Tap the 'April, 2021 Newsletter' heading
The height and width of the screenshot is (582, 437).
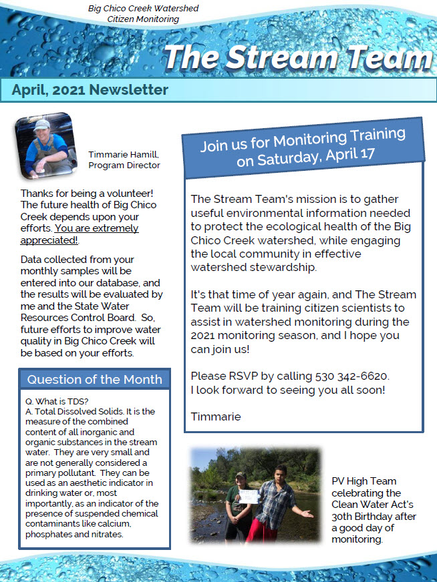(x=90, y=90)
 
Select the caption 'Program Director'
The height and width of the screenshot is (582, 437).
(x=124, y=165)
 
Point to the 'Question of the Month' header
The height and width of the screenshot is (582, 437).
(x=94, y=380)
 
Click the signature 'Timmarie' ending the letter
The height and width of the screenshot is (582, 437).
(x=215, y=416)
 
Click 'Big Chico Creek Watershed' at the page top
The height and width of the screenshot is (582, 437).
(x=143, y=9)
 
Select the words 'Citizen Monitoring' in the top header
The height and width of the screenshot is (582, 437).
(x=143, y=19)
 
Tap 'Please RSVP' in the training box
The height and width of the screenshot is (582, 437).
(x=222, y=376)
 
